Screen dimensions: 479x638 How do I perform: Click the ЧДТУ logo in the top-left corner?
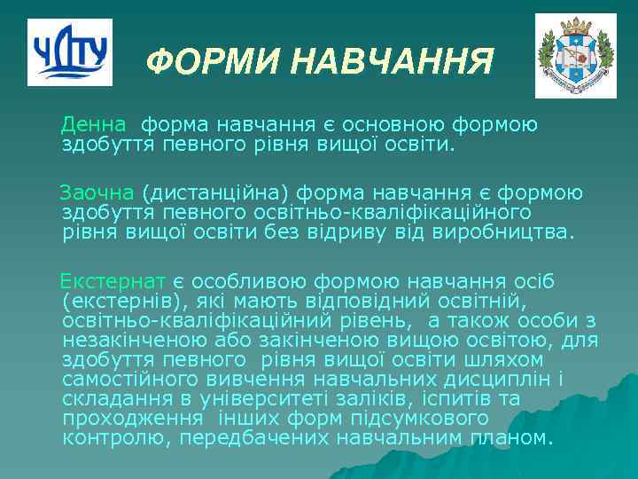[69, 52]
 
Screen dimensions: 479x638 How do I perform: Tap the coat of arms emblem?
[574, 55]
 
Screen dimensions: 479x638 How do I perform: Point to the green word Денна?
[98, 125]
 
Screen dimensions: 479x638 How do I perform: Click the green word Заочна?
[97, 192]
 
